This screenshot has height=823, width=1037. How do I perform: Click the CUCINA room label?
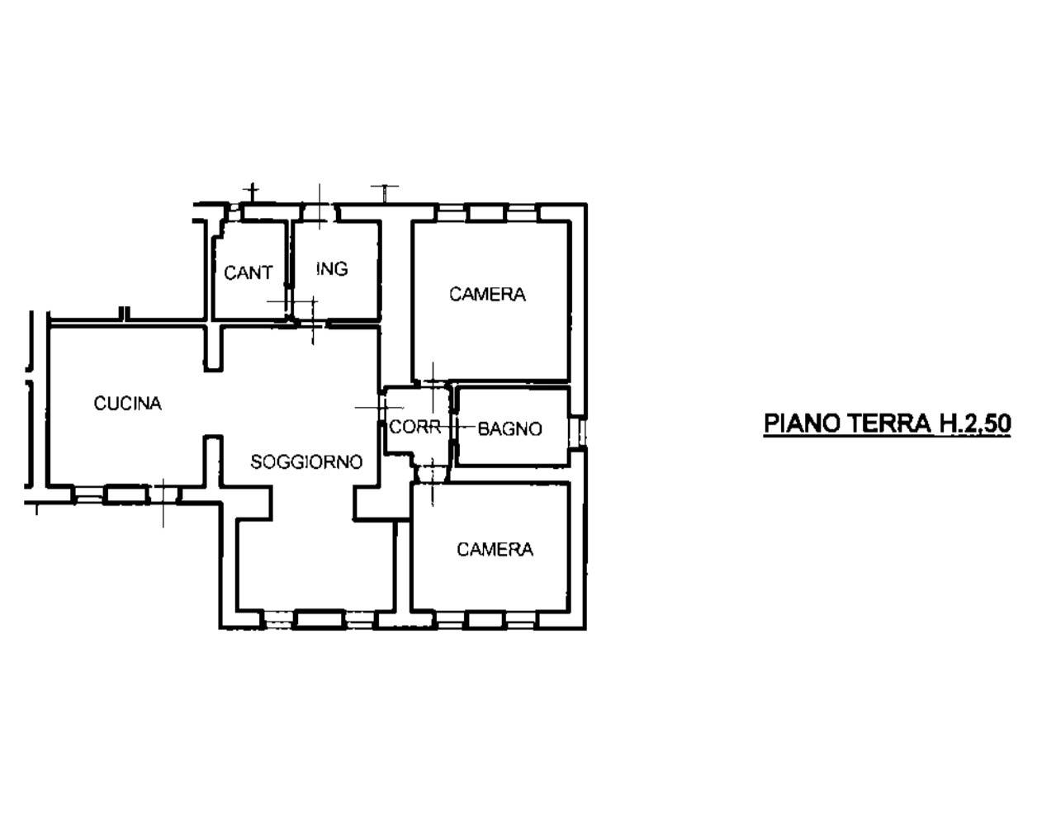click(128, 404)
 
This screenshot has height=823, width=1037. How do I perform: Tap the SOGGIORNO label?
click(306, 462)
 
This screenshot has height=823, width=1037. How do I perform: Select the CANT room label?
click(249, 272)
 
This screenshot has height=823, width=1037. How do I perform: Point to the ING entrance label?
click(332, 269)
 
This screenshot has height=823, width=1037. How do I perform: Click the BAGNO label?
click(509, 428)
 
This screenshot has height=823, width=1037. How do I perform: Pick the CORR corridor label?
click(415, 427)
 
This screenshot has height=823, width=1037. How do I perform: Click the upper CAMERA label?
click(487, 294)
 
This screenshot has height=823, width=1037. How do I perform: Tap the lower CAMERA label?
click(495, 549)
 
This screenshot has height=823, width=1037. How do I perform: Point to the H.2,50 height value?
click(974, 423)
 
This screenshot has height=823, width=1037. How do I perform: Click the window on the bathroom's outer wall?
click(578, 432)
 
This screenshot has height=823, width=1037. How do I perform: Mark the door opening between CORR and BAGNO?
click(453, 428)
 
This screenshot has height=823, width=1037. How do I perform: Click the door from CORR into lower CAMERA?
click(432, 475)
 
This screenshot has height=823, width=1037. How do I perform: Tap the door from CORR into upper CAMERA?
click(433, 384)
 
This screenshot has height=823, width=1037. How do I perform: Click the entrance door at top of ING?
click(319, 212)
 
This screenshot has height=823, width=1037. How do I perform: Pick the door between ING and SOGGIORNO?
click(311, 323)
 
